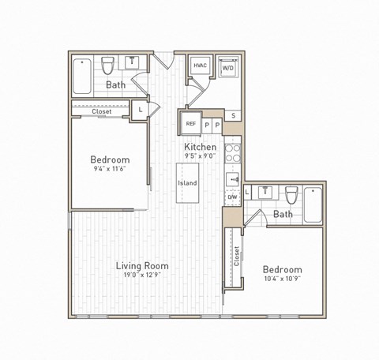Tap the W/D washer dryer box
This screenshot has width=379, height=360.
tap(227, 68)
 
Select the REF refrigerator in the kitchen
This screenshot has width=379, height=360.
tap(190, 124)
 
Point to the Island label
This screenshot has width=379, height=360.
tap(187, 183)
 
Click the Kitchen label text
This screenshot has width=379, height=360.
tap(201, 147)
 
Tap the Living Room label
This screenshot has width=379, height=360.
tap(142, 266)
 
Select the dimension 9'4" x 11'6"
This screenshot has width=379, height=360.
tap(109, 169)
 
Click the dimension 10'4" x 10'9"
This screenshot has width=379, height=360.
tap(282, 279)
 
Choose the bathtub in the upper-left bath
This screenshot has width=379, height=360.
tap(82, 76)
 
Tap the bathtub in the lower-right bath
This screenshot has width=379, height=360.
tap(313, 204)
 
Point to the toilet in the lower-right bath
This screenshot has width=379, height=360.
tap(291, 195)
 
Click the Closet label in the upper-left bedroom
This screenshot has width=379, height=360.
tap(101, 111)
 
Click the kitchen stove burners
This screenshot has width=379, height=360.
tap(233, 152)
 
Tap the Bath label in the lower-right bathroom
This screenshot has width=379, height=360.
tap(283, 214)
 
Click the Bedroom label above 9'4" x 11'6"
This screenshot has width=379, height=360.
tap(109, 159)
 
